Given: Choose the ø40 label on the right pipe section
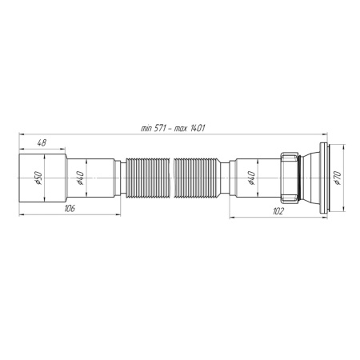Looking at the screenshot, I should pyautogui.click(x=252, y=180).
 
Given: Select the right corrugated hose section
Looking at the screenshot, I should pyautogui.click(x=199, y=179).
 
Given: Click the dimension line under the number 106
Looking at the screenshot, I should pyautogui.click(x=80, y=215).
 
